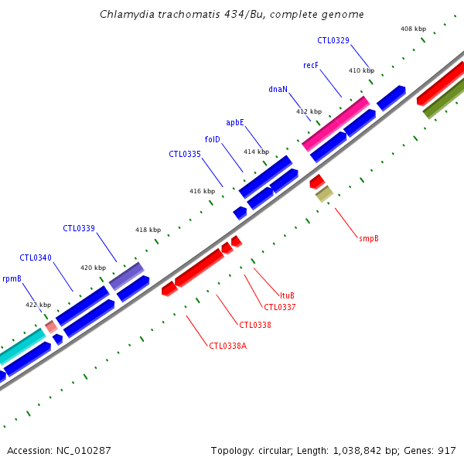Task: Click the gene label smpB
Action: coord(369,238)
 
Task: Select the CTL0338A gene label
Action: coord(228,346)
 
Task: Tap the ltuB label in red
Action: coord(287,295)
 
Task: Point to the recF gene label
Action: coord(311,66)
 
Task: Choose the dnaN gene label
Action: coord(278,89)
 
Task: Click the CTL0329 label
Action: coord(333,40)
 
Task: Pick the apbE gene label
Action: coord(235,122)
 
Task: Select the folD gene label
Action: coord(212,139)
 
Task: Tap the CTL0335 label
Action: coord(185,154)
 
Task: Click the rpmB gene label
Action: coord(12,278)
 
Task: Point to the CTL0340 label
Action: coord(36,258)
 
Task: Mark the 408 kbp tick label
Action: coord(413,29)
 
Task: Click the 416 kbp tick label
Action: coord(202,190)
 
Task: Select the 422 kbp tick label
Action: coord(38,305)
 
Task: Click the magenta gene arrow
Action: coord(336,123)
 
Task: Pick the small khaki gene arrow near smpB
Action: coord(324,193)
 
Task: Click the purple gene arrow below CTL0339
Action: coord(126,276)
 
